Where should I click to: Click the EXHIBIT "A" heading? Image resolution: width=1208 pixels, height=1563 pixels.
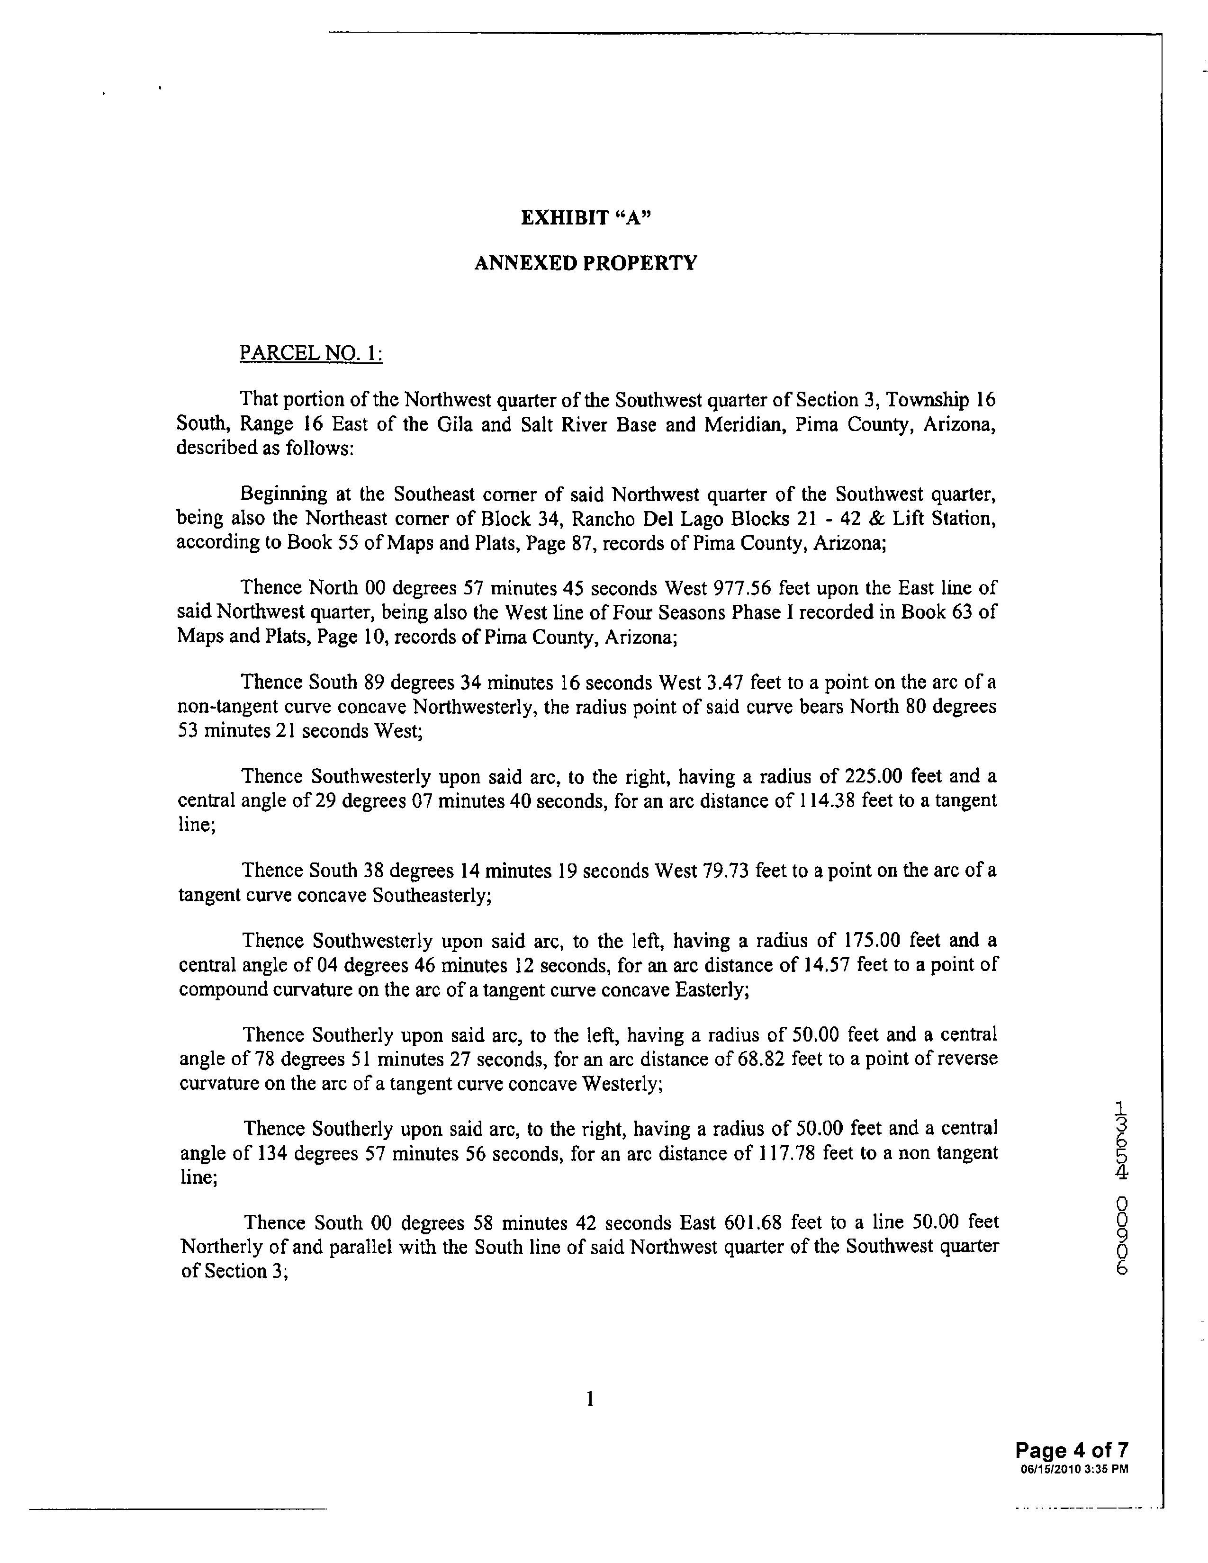tap(586, 217)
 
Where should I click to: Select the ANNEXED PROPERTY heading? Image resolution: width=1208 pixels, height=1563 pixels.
tap(586, 263)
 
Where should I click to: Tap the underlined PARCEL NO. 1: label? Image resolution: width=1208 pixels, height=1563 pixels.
tap(311, 353)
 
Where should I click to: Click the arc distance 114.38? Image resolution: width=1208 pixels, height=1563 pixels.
tap(825, 801)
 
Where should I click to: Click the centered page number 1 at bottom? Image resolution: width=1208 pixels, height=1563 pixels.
tap(590, 1398)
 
